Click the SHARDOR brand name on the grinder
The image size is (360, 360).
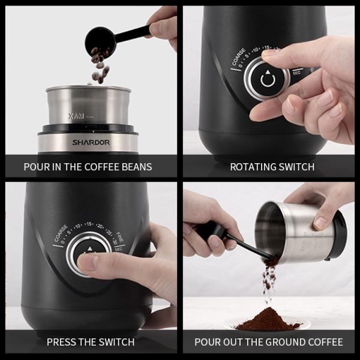[91, 143]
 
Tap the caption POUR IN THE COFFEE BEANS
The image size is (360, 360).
[88, 167]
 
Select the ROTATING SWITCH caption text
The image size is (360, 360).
[272, 167]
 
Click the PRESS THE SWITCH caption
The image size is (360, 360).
[91, 342]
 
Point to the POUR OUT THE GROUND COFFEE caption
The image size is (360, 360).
[269, 342]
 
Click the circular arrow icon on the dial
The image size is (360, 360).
[267, 79]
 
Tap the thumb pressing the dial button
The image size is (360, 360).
[90, 262]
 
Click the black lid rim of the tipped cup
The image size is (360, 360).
[337, 234]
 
